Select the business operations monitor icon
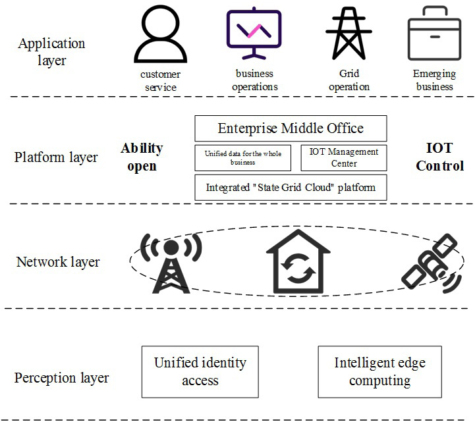[254, 34]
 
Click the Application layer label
[51, 52]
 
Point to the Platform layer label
[56, 157]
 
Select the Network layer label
[58, 261]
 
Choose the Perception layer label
[62, 378]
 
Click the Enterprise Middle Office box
[291, 128]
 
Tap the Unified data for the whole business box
[243, 158]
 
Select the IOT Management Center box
[344, 158]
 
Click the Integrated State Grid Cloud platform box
[291, 188]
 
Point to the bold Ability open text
[142, 157]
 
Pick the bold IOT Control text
[440, 157]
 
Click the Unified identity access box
[200, 371]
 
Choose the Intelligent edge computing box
[379, 371]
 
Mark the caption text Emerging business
[433, 80]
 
